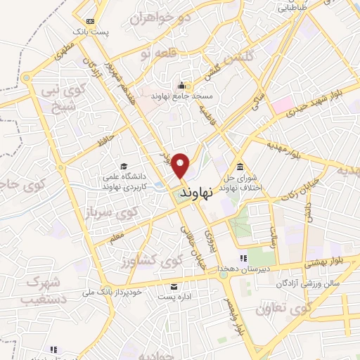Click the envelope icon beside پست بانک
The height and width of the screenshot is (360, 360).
[x=89, y=21]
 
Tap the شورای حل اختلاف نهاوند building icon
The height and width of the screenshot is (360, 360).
[x=240, y=167]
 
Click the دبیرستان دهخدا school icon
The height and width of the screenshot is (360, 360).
[x=243, y=258]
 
